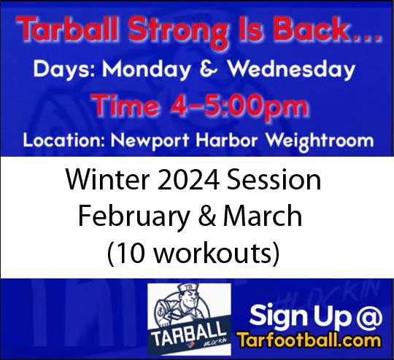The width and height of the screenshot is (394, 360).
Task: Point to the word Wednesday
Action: tap(292, 71)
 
